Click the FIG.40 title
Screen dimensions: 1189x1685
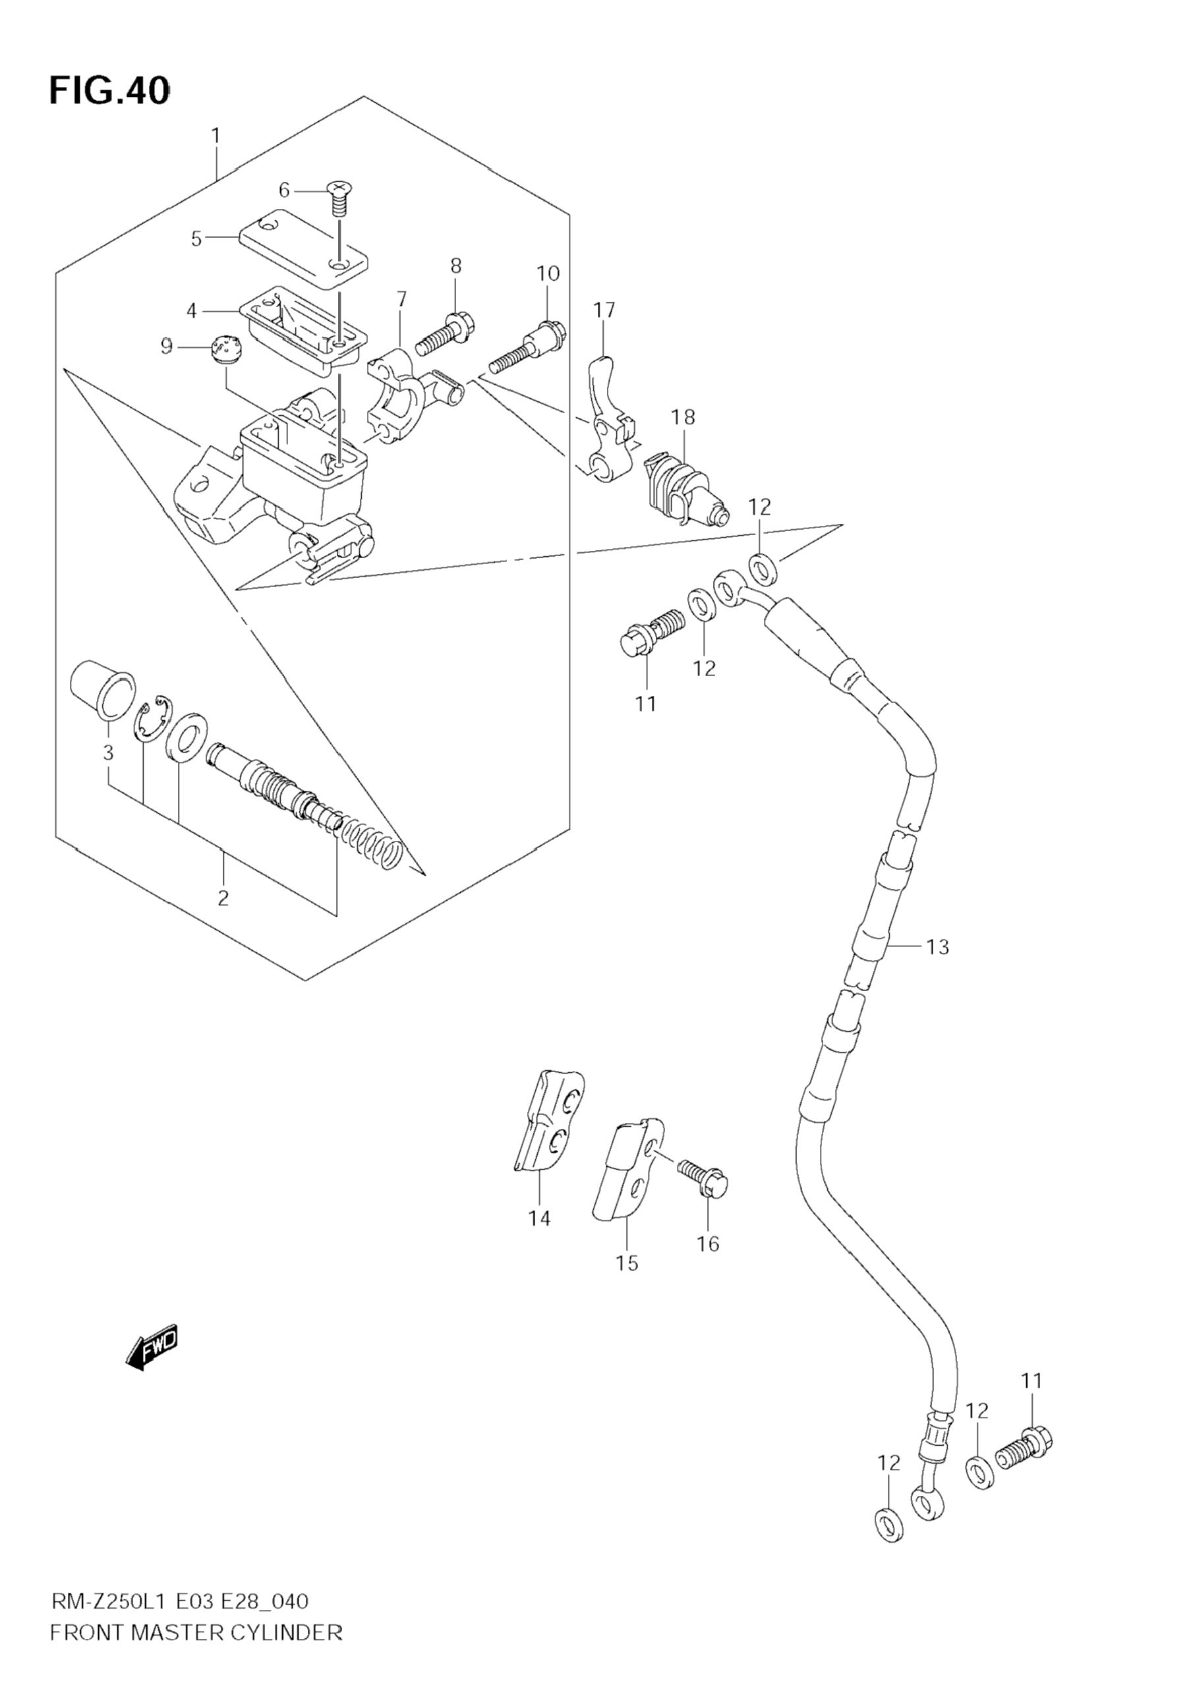[x=109, y=91]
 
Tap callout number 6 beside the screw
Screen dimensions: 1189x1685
[x=284, y=191]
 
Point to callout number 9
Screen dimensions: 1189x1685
[x=167, y=346]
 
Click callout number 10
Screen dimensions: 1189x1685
[x=548, y=273]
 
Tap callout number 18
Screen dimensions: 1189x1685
[x=683, y=418]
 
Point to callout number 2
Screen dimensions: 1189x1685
[x=223, y=898]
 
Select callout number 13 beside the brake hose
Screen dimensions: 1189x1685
[x=937, y=948]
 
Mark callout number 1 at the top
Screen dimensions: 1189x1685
[x=216, y=136]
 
